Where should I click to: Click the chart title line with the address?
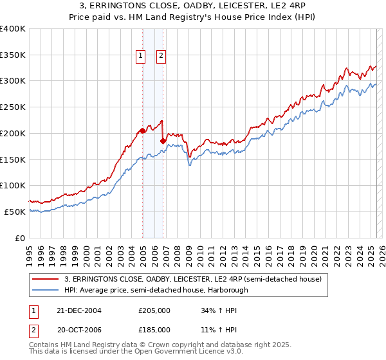point(193,6)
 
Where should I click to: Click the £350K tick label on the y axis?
point(13,55)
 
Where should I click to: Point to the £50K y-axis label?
point(15,212)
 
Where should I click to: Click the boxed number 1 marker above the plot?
point(140,56)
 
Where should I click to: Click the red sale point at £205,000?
point(142,130)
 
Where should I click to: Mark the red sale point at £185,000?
point(163,141)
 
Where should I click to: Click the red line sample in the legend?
point(46,279)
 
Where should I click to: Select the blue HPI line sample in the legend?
point(46,290)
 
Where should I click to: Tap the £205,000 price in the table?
point(154,310)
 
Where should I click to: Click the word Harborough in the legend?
point(232,290)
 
